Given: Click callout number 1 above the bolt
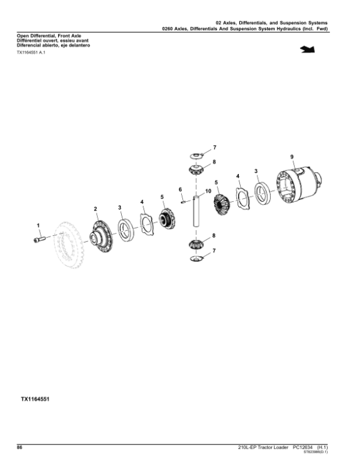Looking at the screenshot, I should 38,225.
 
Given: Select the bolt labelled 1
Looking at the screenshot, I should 40,240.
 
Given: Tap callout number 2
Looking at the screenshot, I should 95,208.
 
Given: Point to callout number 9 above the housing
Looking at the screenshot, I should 292,157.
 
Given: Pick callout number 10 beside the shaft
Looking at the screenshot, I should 208,192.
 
